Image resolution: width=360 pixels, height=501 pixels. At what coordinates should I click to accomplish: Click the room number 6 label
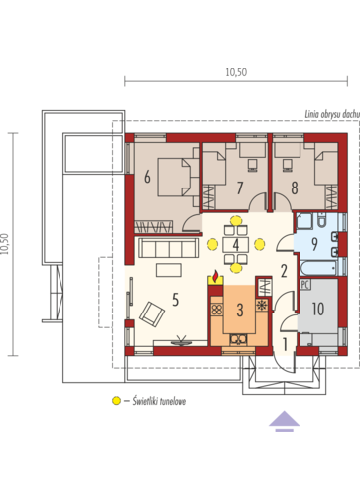coord(147,177)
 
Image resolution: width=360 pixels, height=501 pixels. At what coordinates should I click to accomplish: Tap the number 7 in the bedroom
coord(240,188)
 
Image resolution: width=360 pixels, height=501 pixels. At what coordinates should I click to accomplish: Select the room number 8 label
coord(295,188)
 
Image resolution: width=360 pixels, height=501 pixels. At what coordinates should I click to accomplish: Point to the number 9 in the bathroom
coord(314,244)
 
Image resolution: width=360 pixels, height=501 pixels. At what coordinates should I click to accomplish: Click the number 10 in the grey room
coord(318,309)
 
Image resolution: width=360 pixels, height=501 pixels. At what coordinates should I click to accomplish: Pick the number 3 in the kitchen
coord(240,311)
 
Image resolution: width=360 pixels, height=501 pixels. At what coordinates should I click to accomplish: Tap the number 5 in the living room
coord(175,300)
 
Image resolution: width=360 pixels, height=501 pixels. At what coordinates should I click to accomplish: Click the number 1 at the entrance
coord(285,344)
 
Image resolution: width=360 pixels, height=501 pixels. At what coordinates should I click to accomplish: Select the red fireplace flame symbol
coord(215,275)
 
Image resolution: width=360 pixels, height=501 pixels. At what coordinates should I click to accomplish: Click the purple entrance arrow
coord(284,421)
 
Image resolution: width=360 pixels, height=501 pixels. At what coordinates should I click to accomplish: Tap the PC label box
coord(305,285)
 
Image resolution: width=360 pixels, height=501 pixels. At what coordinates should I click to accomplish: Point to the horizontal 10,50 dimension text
coord(236,72)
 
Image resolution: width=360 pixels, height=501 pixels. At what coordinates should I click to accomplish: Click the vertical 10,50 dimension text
coord(4,244)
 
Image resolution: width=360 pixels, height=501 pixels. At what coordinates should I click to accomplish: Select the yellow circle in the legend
coord(116,401)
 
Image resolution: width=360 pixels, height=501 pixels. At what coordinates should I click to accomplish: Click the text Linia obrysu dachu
coord(332,115)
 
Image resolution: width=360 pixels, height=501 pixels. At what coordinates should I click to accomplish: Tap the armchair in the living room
coord(152,314)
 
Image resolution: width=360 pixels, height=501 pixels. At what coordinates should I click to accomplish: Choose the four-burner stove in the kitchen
coord(217,310)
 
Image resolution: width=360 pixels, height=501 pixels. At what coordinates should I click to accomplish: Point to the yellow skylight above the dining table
coord(236,220)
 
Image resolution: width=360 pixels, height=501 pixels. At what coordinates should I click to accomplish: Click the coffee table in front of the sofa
coord(169,270)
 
